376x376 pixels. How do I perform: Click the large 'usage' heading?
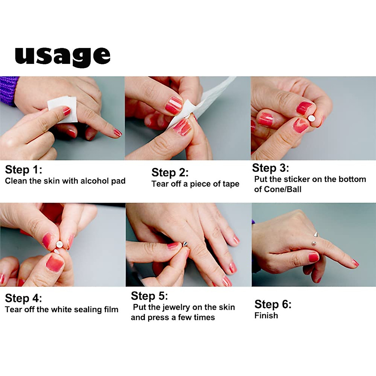point(63,57)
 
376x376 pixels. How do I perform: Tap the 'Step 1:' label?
point(23,170)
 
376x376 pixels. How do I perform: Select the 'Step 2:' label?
point(170,172)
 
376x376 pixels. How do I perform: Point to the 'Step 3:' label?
point(270,168)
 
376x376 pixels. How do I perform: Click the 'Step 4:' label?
point(23,298)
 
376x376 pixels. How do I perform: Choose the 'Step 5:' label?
point(149,296)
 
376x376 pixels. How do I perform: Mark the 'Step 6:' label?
point(273,304)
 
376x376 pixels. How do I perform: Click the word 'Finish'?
point(266,316)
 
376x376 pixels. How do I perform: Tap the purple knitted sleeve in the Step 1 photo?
point(9,91)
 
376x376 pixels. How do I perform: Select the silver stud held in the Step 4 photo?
point(59,244)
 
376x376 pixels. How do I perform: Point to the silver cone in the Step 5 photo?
point(185,243)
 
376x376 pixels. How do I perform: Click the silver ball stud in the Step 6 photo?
point(314,243)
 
